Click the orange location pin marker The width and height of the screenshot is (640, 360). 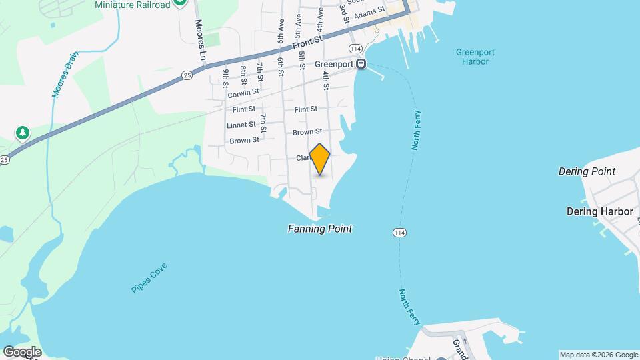coord(320,159)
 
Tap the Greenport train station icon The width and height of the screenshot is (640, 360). coord(361,64)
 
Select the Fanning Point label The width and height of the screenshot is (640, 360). coord(319,229)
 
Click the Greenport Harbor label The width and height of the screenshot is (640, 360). coord(472,57)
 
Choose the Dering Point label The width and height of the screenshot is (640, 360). coord(586,171)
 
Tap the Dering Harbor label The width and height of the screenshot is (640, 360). coord(599,211)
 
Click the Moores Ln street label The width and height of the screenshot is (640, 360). coord(199,39)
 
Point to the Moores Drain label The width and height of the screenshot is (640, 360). coord(65,75)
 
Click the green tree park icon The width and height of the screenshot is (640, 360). coord(23,133)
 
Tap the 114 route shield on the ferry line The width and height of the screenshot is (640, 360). coord(399,232)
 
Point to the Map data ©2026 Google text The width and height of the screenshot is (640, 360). coord(599,355)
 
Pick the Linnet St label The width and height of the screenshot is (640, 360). coord(241,125)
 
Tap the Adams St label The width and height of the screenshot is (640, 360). coord(369,13)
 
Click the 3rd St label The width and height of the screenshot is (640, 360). coord(344,13)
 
